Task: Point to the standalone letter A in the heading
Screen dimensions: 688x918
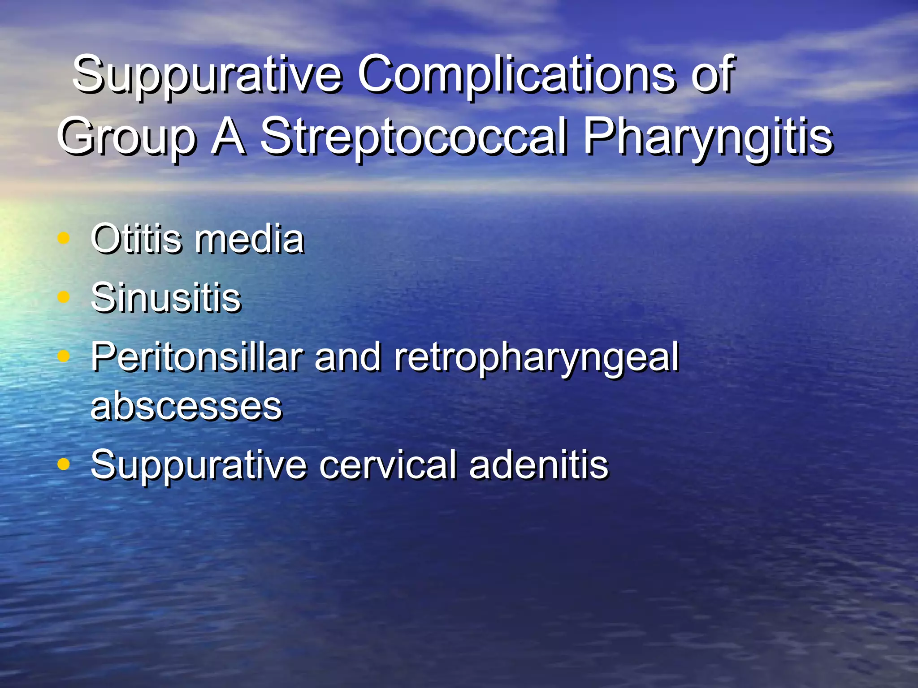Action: [228, 136]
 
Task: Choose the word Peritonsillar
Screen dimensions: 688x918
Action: [197, 357]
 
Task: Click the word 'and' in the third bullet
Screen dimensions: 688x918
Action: [348, 357]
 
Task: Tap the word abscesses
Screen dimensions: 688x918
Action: [186, 406]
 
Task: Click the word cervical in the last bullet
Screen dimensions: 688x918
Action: [388, 464]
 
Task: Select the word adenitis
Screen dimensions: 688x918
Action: [538, 464]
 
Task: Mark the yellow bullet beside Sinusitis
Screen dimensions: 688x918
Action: [64, 297]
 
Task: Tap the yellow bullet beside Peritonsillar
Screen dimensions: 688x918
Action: [64, 356]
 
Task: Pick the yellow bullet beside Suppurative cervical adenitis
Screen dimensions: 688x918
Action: [64, 464]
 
